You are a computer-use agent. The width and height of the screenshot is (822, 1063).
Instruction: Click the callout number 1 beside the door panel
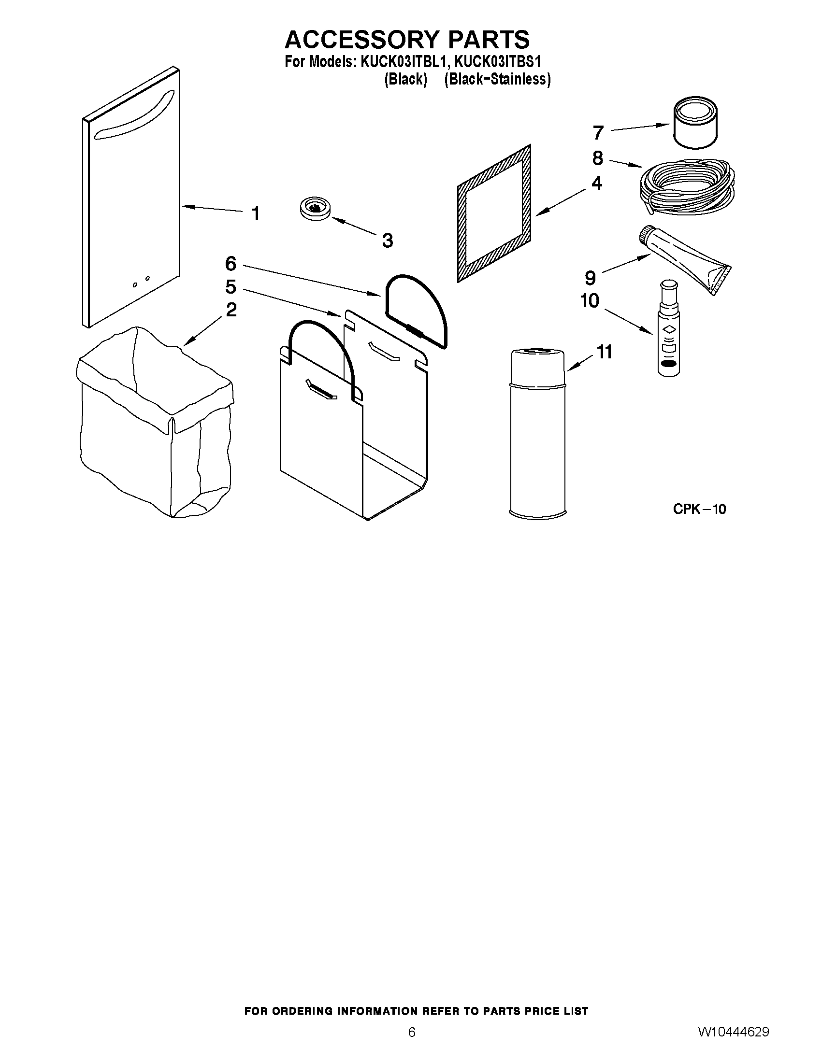(x=256, y=213)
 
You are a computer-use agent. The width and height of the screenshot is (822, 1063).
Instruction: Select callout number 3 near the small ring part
(x=387, y=240)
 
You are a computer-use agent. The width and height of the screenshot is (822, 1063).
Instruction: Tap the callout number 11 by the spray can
(x=605, y=352)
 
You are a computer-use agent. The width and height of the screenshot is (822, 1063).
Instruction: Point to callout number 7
(x=598, y=132)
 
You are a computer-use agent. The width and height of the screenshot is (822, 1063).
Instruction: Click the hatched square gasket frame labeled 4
(x=493, y=213)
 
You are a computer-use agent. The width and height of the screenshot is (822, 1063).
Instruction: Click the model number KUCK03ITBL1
(x=402, y=62)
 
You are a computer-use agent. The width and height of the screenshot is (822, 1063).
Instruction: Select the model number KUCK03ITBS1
(x=498, y=62)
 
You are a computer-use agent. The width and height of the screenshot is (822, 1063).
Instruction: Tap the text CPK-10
(x=699, y=509)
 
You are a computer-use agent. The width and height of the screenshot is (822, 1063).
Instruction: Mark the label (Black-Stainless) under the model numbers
(x=497, y=79)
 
